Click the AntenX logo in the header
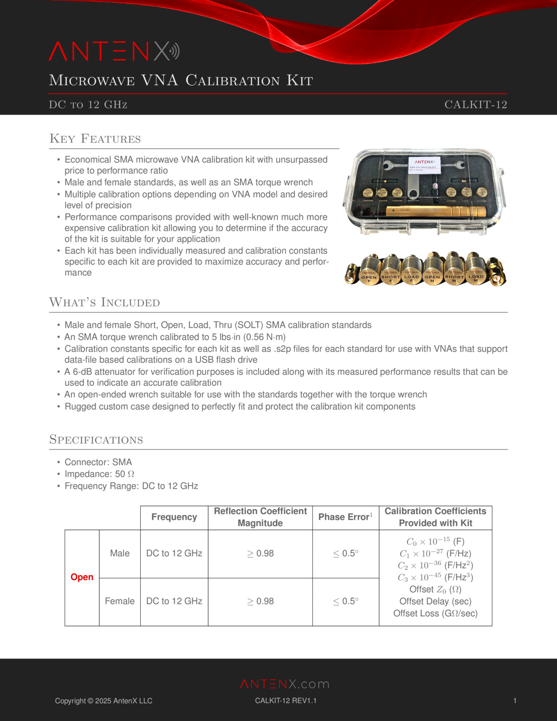(x=114, y=52)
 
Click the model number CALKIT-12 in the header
(x=475, y=104)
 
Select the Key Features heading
(x=95, y=139)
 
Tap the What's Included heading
(x=104, y=303)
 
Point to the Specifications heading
(x=96, y=440)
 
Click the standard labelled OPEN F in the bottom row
(x=369, y=272)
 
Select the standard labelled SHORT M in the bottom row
(x=454, y=272)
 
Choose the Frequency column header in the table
(x=174, y=517)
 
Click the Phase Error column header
(x=345, y=517)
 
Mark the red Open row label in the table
(x=82, y=577)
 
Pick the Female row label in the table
(x=120, y=601)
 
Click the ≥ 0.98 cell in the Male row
(x=260, y=553)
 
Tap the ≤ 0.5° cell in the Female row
(x=346, y=601)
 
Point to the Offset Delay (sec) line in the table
(x=435, y=601)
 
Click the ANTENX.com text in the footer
(x=285, y=684)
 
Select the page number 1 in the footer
(x=515, y=701)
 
